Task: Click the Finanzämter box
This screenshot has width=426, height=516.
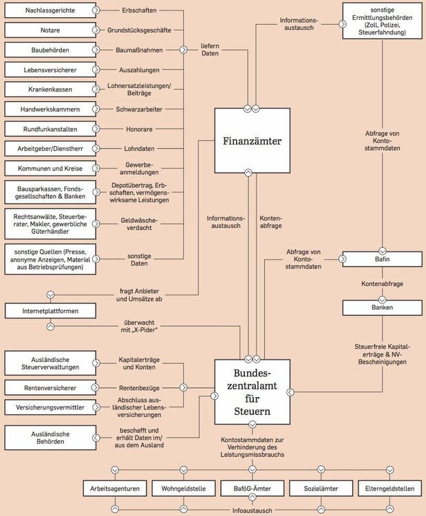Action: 248,140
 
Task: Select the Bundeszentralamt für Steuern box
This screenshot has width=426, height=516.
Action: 248,391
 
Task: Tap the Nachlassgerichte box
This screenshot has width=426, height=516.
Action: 49,10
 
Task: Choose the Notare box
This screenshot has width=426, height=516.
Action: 49,30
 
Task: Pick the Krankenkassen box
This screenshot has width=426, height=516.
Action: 49,89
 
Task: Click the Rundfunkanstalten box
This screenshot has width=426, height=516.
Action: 49,129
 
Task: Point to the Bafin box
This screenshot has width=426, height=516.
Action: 382,259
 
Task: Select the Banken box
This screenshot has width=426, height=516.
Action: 382,307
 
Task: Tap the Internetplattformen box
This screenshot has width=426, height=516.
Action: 49,311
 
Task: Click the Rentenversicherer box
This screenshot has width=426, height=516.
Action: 49,387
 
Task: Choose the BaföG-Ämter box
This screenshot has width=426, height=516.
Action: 252,488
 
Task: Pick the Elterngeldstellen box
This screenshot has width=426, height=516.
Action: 390,488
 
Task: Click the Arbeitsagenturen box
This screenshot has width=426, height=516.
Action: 115,488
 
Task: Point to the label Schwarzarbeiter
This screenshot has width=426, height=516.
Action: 134,109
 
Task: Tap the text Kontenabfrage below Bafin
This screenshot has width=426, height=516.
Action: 382,283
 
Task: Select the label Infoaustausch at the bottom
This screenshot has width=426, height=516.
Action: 252,510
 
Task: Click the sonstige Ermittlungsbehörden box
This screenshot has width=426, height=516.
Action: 382,21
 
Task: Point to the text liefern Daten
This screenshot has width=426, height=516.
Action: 210,50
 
